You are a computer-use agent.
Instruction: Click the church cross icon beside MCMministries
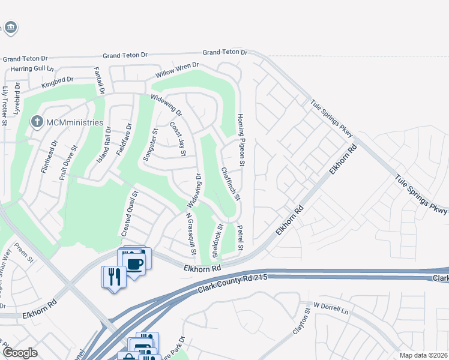pyautogui.click(x=37, y=122)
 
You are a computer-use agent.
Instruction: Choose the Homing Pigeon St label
pyautogui.click(x=241, y=140)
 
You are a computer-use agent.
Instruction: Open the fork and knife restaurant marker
pyautogui.click(x=113, y=277)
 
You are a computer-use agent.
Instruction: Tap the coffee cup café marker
pyautogui.click(x=135, y=263)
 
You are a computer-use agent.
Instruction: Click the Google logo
pyautogui.click(x=20, y=353)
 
